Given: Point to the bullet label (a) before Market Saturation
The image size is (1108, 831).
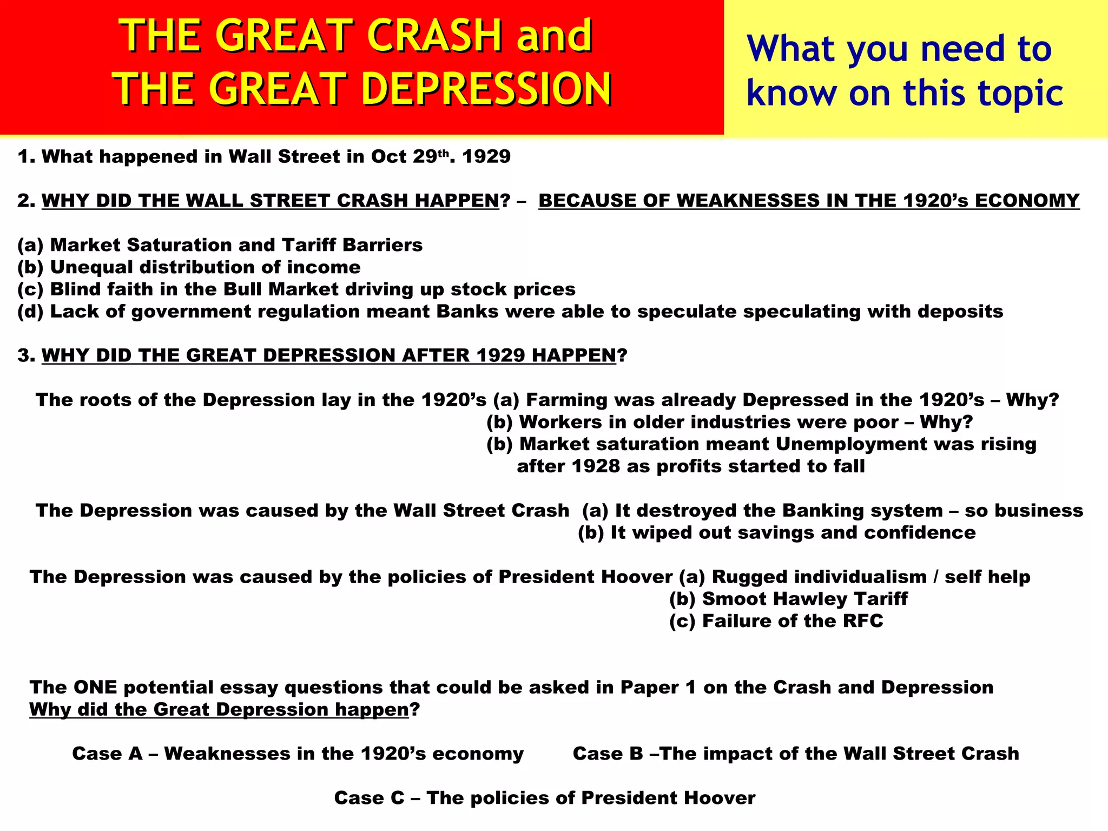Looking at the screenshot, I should (x=30, y=245).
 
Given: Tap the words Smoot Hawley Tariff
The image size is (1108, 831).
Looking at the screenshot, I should (x=804, y=599).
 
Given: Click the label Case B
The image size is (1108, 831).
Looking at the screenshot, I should (x=608, y=754).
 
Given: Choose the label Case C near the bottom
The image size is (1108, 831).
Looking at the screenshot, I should (x=369, y=798).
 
